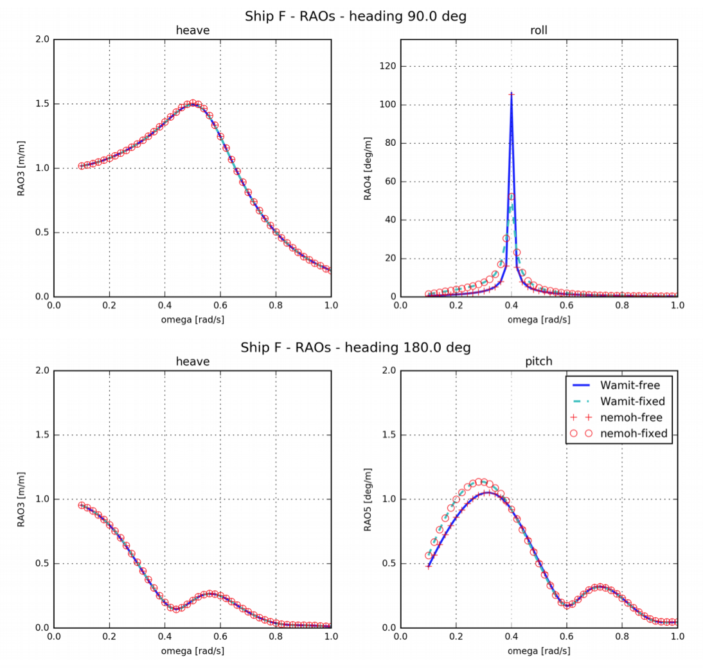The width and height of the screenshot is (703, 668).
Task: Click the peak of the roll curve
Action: point(512,94)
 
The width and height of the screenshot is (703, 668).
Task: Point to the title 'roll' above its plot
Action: point(538,30)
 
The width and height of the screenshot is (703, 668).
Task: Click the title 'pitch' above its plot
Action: point(538,362)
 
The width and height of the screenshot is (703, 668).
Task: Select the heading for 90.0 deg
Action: point(355,16)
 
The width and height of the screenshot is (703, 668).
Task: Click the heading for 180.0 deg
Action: point(355,347)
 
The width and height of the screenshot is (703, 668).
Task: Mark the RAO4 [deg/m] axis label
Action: point(368,168)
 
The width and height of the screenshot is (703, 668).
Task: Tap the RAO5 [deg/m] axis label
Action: point(368,499)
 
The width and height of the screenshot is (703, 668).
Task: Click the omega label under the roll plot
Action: point(538,319)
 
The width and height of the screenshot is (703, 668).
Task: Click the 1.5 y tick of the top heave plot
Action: point(42,104)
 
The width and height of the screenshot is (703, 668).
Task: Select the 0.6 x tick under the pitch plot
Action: point(567,637)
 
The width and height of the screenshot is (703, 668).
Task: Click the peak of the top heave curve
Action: point(191,103)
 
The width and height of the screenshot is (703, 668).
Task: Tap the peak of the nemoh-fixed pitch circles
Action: point(478,482)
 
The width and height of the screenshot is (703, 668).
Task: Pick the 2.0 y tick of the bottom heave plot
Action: point(42,371)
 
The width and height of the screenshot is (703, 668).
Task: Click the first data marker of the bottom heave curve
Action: point(82,505)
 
